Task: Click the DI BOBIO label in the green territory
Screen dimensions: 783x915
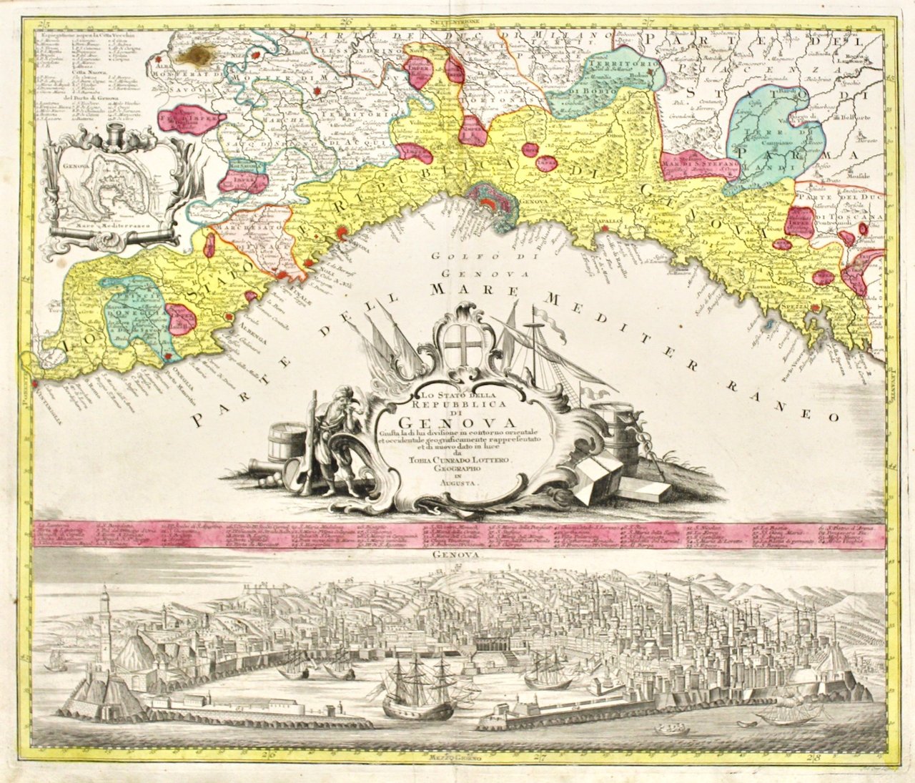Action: click(592, 92)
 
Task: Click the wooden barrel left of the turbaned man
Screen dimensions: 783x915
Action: click(287, 444)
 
